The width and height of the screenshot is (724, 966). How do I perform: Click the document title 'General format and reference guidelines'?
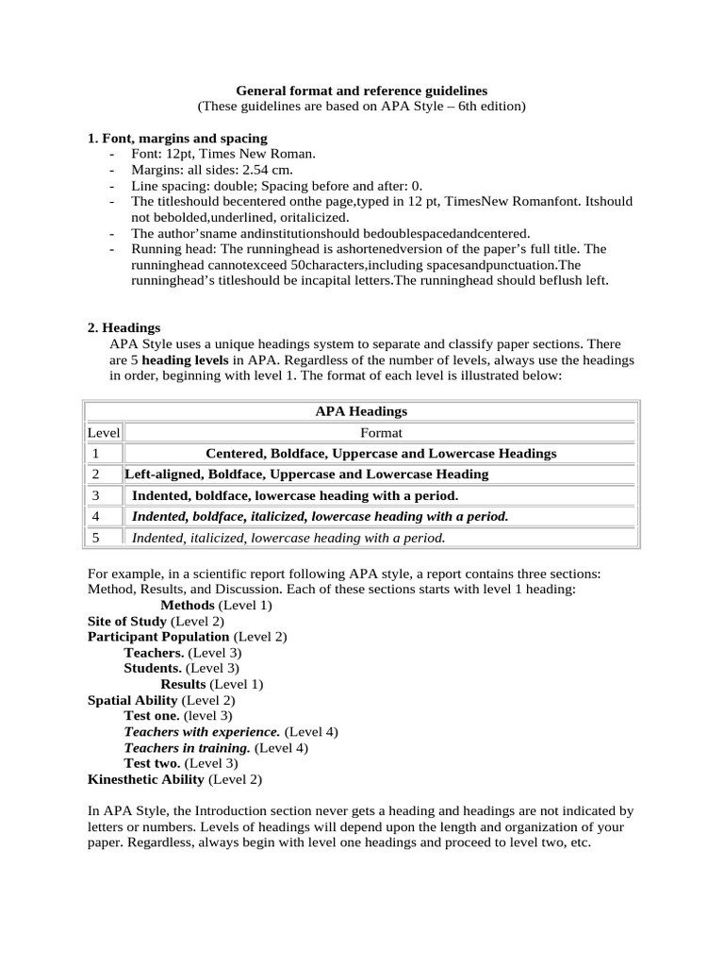point(361,91)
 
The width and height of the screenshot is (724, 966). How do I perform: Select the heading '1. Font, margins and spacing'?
point(177,138)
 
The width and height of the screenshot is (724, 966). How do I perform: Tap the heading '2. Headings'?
point(123,327)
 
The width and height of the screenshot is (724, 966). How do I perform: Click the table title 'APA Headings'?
point(361,411)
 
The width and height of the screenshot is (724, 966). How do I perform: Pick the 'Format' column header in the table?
point(381,432)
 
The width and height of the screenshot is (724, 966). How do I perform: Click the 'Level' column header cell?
point(104,432)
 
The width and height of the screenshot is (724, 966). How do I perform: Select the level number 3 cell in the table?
point(96,495)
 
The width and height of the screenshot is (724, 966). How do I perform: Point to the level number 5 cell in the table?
point(96,538)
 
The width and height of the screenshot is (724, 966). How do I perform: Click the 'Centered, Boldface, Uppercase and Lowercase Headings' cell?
point(381,454)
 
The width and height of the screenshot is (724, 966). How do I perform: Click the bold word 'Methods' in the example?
point(188,605)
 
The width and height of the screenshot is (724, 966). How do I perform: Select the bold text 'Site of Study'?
point(127,621)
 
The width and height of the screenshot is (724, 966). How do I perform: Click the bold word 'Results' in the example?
point(183,684)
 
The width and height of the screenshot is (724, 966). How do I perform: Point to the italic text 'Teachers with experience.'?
point(202,731)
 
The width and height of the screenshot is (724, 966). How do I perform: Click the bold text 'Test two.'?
point(152,763)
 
